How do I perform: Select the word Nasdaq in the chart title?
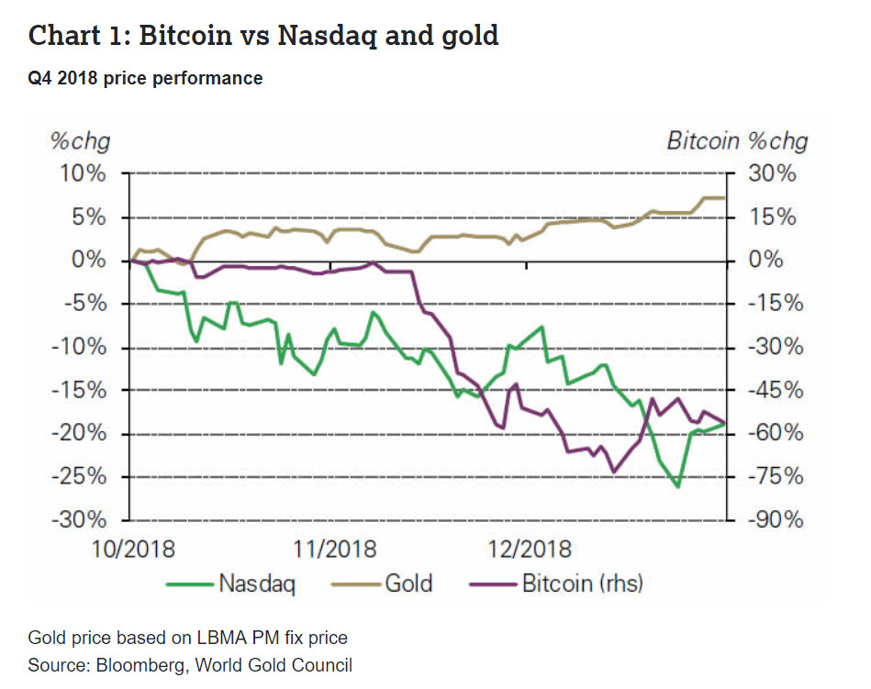coord(329,37)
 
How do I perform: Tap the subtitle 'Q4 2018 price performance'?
coord(145,79)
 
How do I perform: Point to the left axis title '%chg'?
coord(79,141)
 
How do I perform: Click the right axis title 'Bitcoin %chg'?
coord(737,141)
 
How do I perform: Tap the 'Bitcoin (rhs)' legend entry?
coord(582,583)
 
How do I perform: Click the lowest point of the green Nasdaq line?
coord(677,486)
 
